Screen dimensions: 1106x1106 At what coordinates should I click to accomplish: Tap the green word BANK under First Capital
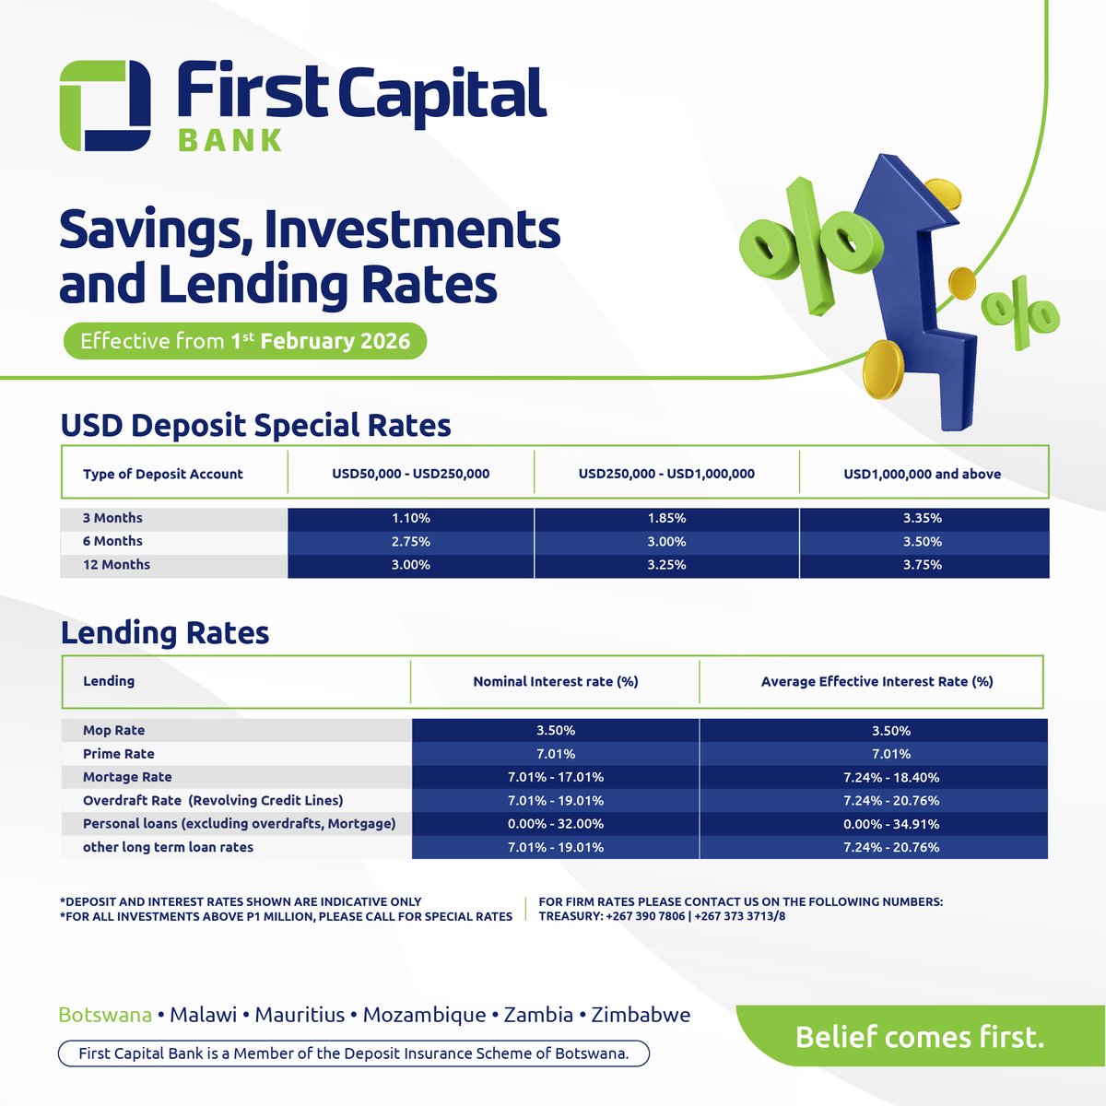[x=230, y=140]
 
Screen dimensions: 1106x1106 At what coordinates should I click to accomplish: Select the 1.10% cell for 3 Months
[x=411, y=518]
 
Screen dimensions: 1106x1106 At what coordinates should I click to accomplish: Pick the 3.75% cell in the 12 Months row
[x=923, y=565]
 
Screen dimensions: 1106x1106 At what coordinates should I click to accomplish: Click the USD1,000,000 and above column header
[x=923, y=474]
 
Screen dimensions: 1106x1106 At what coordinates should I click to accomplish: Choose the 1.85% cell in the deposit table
[x=666, y=518]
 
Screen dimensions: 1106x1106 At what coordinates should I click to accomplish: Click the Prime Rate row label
[x=119, y=754]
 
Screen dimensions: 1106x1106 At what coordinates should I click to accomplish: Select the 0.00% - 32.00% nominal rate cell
[x=556, y=824]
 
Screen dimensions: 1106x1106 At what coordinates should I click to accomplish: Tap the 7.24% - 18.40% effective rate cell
[x=891, y=777]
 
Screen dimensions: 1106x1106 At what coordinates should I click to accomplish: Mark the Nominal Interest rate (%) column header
[x=556, y=682]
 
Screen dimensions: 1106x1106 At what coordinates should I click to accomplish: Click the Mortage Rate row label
[x=127, y=777]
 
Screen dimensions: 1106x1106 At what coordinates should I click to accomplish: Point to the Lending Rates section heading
[x=165, y=633]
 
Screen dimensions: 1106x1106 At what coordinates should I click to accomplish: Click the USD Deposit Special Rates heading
[x=255, y=426]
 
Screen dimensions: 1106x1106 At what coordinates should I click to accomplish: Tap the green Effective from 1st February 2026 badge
[x=244, y=342]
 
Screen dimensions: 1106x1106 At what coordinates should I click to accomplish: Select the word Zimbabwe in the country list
[x=641, y=1015]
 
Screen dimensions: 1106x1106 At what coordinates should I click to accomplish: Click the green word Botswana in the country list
[x=105, y=1015]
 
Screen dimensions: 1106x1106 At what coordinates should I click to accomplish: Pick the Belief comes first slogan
[x=920, y=1038]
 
